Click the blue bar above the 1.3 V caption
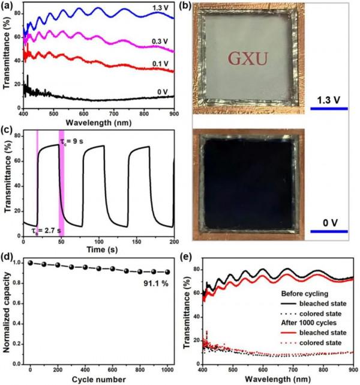(329, 109)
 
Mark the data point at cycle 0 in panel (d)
(31, 262)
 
